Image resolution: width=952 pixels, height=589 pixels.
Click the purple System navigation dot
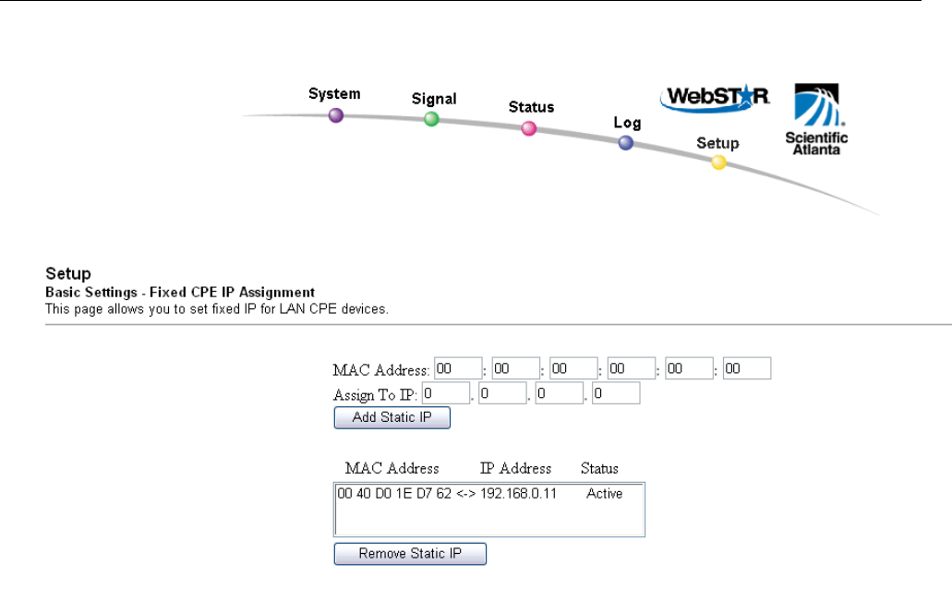coord(336,115)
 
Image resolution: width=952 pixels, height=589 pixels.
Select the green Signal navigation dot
coord(431,119)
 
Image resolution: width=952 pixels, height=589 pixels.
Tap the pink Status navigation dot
coord(529,128)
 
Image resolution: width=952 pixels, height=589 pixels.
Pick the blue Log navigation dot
coord(626,143)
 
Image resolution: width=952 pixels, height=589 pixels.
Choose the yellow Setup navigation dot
coord(718,162)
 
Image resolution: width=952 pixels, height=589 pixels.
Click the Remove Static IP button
coord(410,554)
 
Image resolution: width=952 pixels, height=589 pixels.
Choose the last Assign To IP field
coord(616,394)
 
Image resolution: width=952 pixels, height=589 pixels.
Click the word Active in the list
coord(604,494)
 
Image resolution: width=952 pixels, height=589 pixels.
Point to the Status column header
coord(599,468)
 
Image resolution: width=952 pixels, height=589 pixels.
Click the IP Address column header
coord(515,468)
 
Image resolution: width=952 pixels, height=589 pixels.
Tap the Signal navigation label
coord(434,99)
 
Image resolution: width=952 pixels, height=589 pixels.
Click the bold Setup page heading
coord(68,274)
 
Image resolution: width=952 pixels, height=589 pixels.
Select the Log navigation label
coord(627,123)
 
